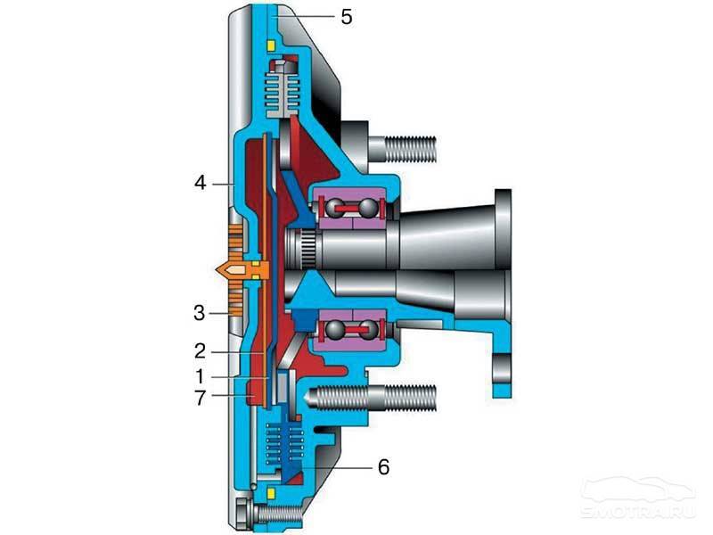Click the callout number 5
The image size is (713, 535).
[x=347, y=17]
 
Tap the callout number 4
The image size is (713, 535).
[x=200, y=183]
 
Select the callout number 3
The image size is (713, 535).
[x=199, y=313]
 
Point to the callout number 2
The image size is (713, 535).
[x=200, y=351]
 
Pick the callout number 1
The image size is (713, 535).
[x=200, y=376]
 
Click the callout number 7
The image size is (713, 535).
[x=200, y=398]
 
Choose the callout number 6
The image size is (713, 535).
[x=384, y=467]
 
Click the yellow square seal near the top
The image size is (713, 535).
[x=271, y=45]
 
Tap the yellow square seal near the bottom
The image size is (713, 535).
[x=272, y=493]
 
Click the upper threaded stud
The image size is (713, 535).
[x=403, y=148]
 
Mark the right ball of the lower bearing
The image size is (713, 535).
[x=370, y=328]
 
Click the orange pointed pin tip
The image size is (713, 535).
[x=221, y=270]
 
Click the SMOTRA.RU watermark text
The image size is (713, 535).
[x=638, y=510]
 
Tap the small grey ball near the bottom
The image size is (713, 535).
[x=254, y=487]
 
